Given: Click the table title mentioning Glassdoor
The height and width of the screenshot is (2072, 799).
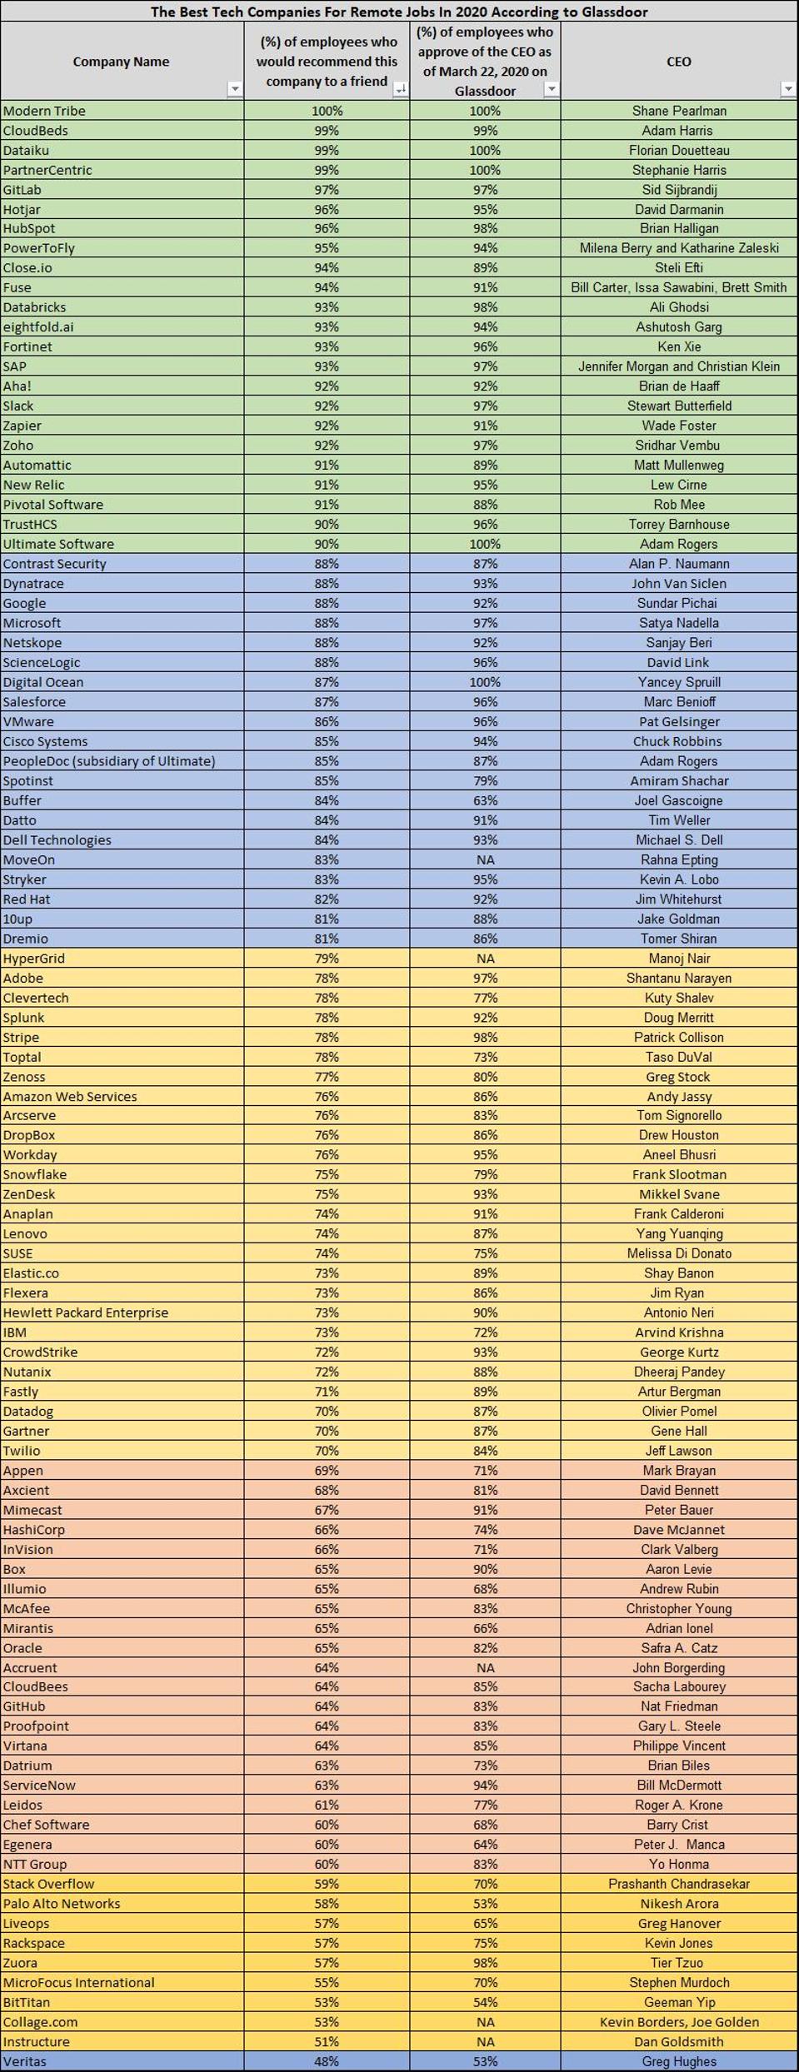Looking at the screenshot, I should tap(399, 12).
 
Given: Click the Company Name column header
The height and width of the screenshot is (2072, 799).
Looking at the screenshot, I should tap(121, 62).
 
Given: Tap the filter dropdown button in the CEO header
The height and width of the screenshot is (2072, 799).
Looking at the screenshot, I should tap(787, 89).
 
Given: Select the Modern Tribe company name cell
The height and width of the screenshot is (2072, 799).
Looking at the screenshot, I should tap(44, 111).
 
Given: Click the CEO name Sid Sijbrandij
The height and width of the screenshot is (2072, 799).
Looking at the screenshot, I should tap(679, 190).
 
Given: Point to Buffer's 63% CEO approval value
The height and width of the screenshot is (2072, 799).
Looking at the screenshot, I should tap(485, 800).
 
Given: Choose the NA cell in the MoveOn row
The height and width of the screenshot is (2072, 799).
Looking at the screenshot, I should tap(485, 859).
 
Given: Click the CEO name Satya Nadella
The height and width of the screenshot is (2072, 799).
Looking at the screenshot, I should tap(679, 623).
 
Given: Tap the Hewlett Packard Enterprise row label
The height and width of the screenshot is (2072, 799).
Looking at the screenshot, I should tap(86, 1312).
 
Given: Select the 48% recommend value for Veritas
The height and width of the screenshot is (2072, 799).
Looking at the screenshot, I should tap(327, 2061).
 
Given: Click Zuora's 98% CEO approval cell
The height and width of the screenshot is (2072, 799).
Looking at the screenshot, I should tap(485, 1963).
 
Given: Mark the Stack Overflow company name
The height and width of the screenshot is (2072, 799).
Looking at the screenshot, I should tap(48, 1884).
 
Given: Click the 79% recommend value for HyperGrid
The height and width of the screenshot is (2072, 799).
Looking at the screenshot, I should tap(327, 959).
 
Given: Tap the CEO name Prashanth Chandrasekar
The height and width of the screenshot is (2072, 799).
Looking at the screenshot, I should tap(679, 1884).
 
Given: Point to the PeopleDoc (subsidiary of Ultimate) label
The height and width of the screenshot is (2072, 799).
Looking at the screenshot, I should tap(109, 761).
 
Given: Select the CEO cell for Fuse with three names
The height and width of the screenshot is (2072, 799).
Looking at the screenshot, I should tap(679, 287).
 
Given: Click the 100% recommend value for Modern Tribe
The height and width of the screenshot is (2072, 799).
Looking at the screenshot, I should tap(327, 111).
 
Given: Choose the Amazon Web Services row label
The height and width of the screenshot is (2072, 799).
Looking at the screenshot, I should tap(70, 1097).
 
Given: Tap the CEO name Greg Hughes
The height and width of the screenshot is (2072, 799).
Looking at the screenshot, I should tap(679, 2061).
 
